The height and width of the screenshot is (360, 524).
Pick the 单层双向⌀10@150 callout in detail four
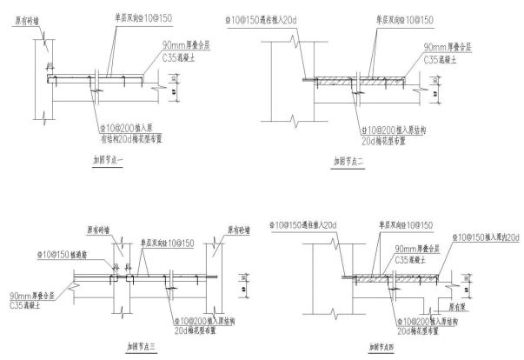tap(400, 224)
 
